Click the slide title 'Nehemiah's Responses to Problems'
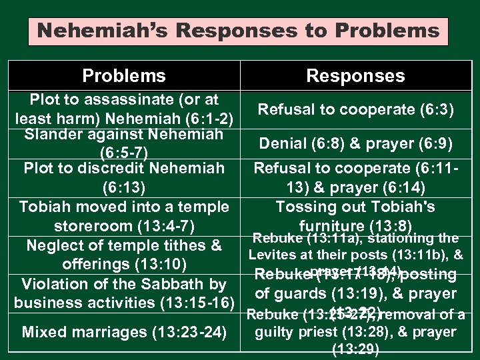pos(239,31)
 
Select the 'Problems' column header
pos(123,76)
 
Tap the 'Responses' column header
pos(355,76)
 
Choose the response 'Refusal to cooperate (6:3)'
pos(355,109)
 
